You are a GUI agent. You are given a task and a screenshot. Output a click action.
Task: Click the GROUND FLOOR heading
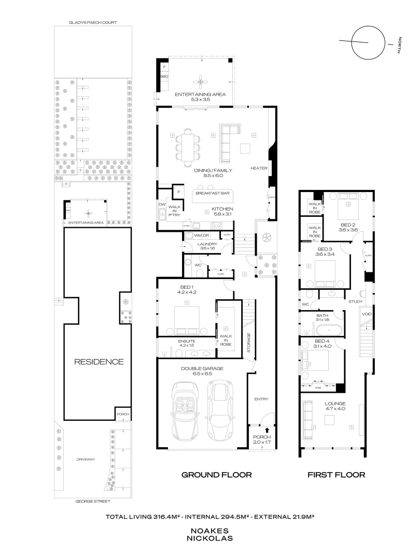[x=216, y=474]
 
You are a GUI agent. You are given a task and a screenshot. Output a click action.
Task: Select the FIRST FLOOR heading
[x=336, y=474]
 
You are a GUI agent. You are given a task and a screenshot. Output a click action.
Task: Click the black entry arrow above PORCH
[x=267, y=430]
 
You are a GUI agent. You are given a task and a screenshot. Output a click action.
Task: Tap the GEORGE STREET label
[x=92, y=502]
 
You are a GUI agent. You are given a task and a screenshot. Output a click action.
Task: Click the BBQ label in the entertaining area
[x=164, y=77]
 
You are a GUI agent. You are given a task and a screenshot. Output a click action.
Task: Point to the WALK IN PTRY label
[x=172, y=210]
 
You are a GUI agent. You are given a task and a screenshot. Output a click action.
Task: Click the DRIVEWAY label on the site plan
[x=85, y=459]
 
